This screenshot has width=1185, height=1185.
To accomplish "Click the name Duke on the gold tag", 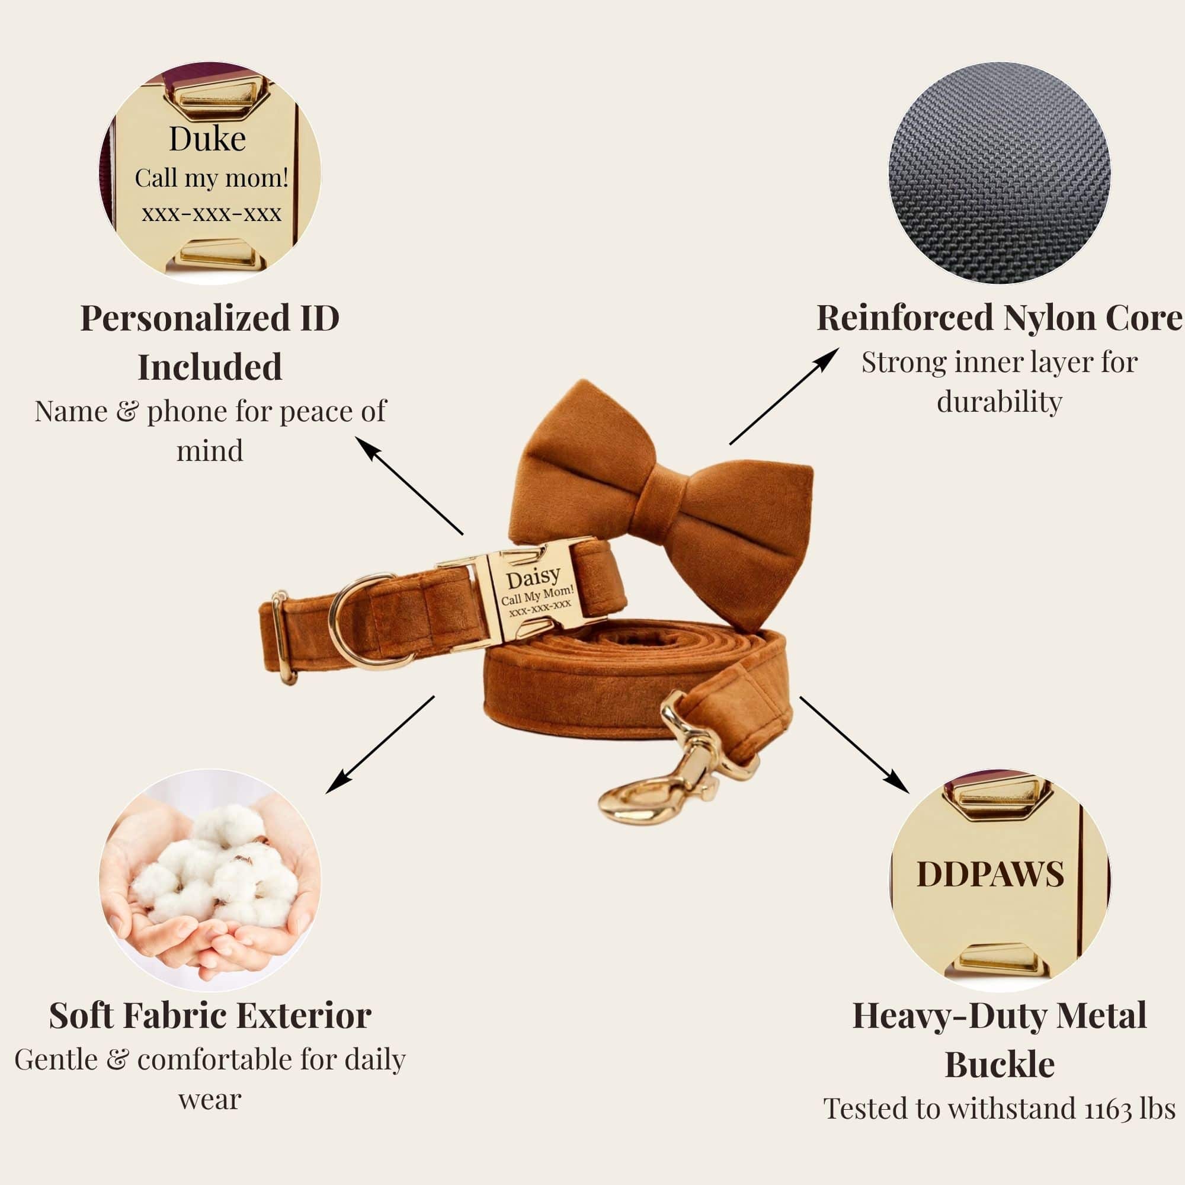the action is [x=207, y=139].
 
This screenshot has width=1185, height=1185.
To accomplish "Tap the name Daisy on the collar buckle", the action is [x=533, y=577].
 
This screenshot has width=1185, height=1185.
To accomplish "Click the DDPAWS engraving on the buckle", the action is [x=990, y=873].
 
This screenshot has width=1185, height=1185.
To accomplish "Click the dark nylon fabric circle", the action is [x=999, y=172].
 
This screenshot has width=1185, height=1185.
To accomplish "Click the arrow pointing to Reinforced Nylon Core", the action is [x=784, y=396].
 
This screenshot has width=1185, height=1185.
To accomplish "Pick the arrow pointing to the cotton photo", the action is [x=380, y=745].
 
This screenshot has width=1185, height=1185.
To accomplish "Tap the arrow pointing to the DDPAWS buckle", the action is [x=854, y=745].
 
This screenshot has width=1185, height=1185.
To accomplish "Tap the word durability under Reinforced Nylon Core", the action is [x=999, y=402].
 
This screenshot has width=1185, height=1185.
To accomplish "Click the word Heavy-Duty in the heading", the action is [x=950, y=1017].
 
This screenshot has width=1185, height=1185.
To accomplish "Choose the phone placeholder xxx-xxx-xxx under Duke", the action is [x=212, y=213].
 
